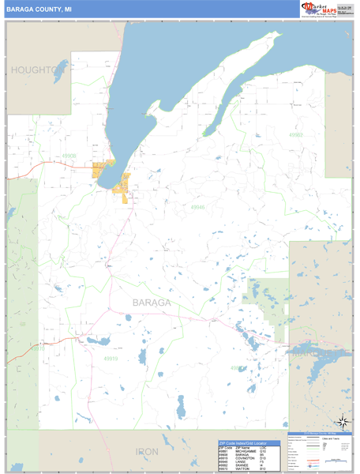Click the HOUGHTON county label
click(x=36, y=70)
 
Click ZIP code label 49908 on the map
click(x=69, y=156)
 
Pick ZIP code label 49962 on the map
click(x=296, y=135)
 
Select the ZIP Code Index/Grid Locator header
click(x=243, y=442)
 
